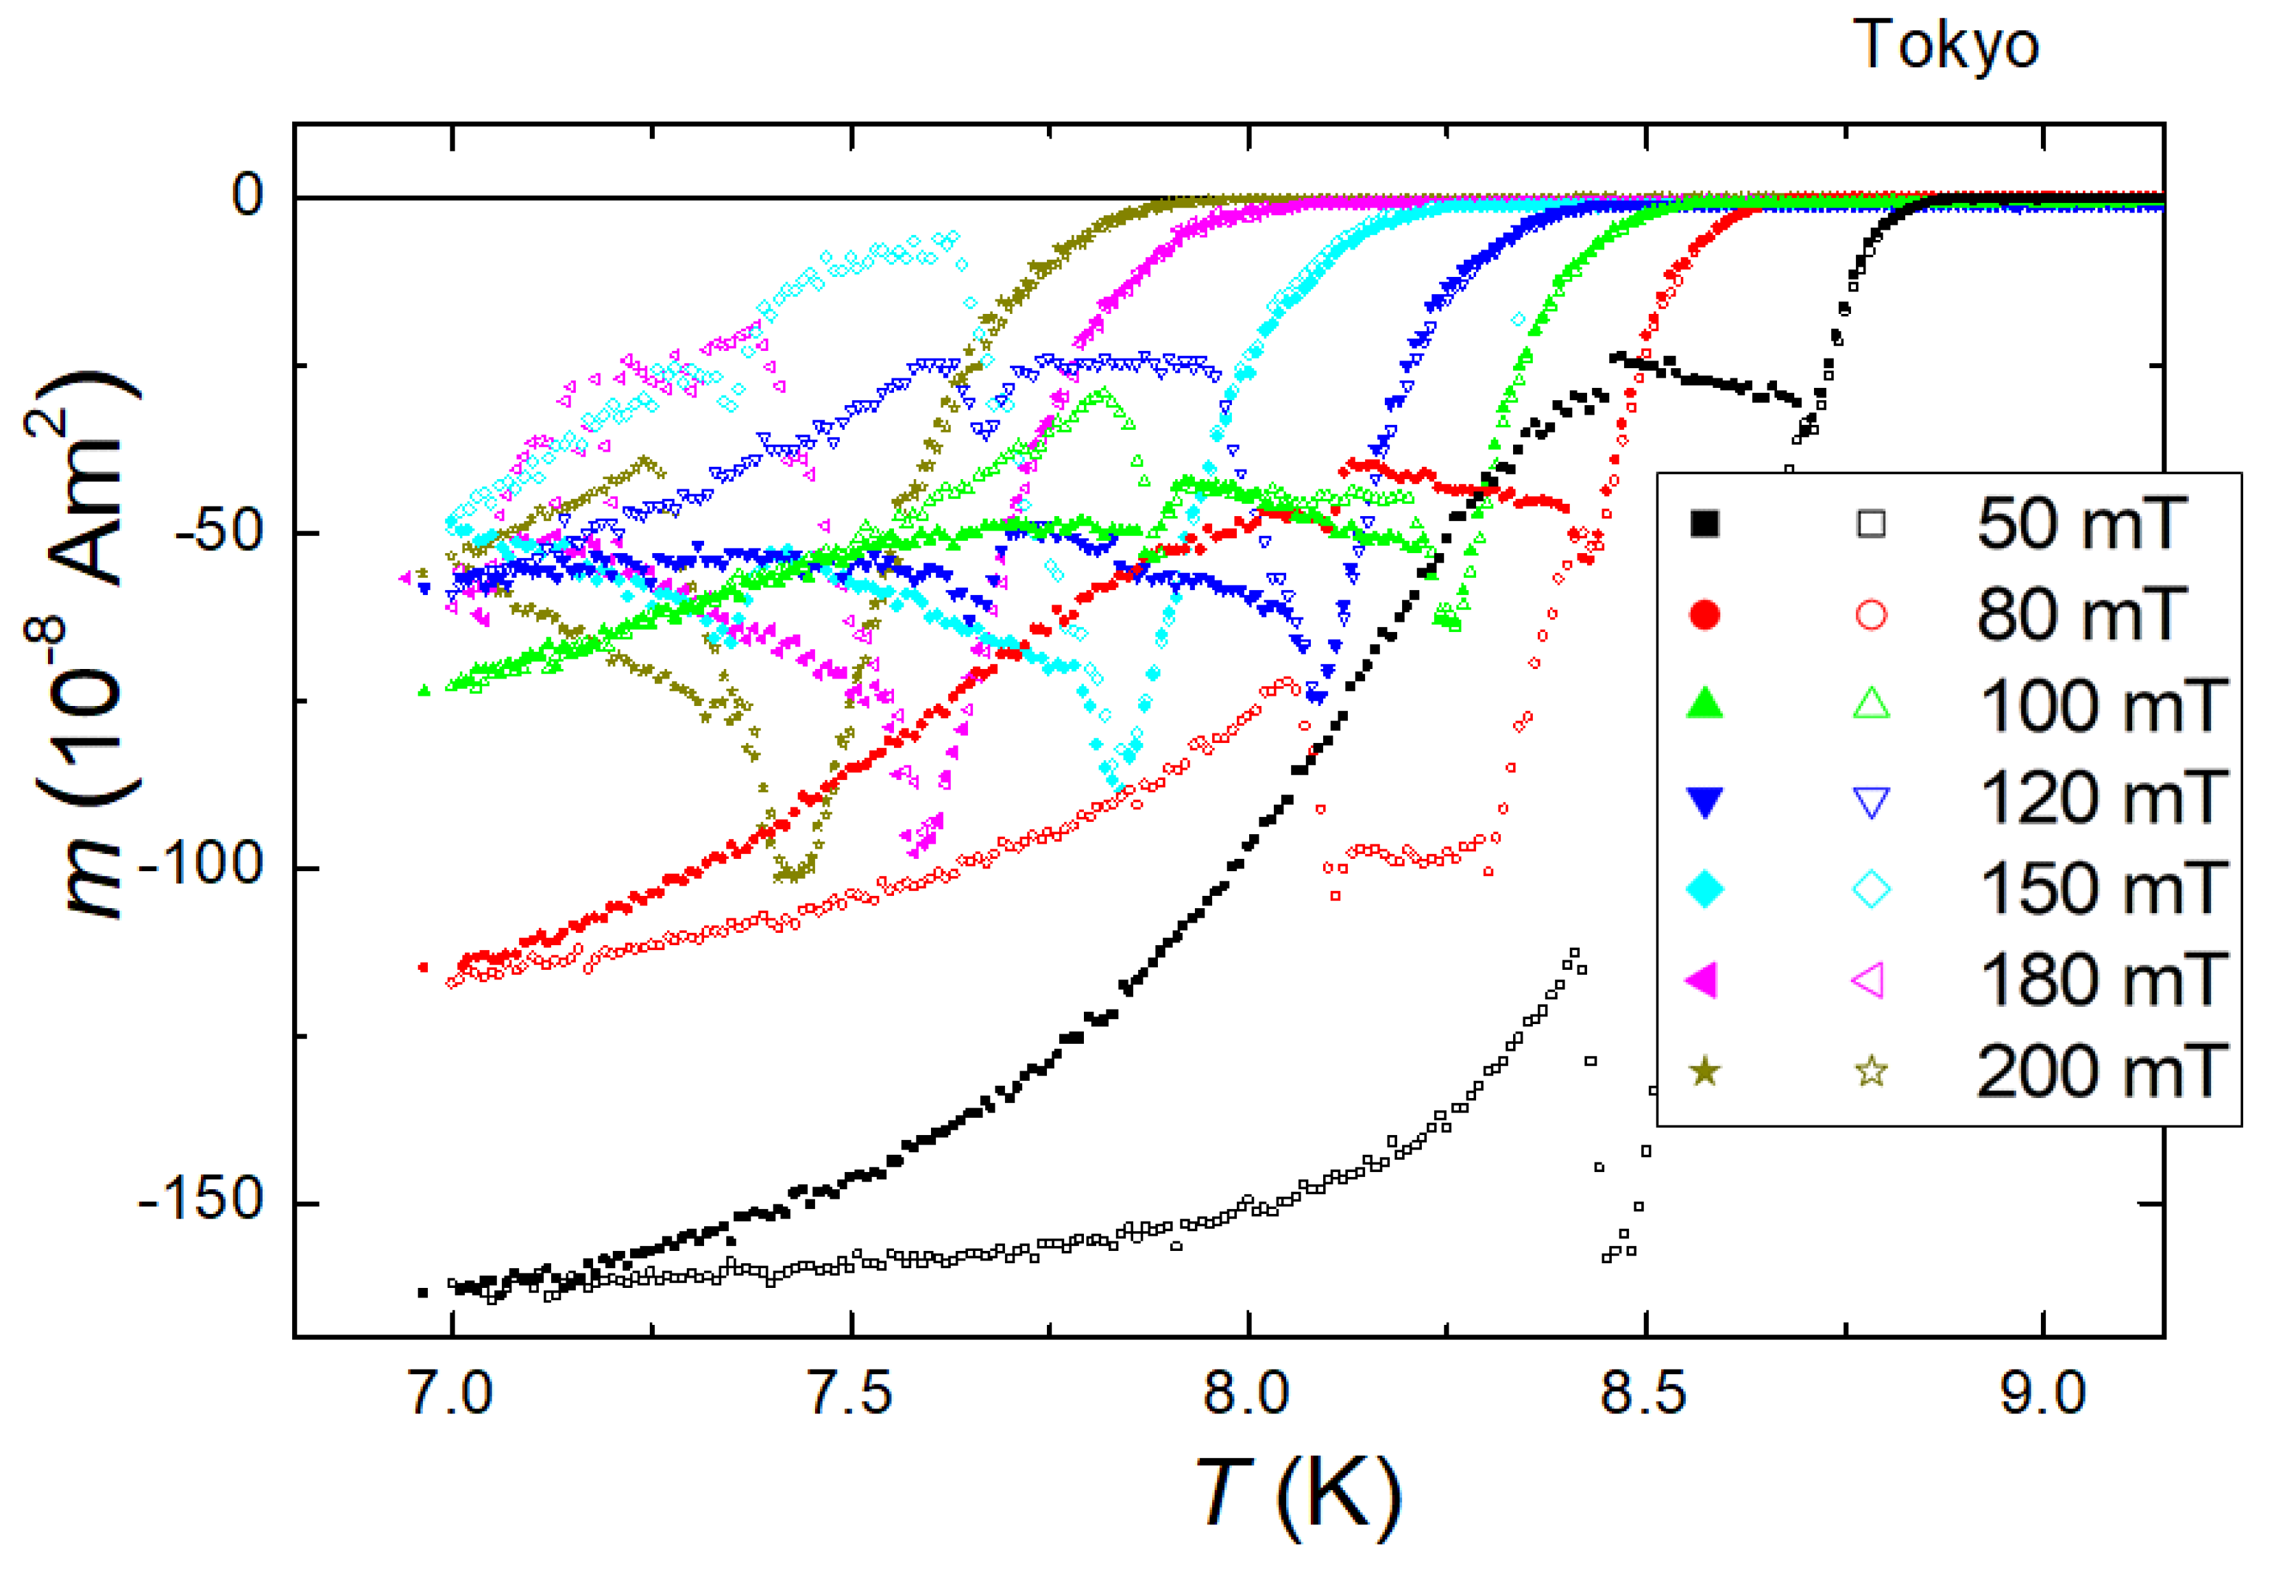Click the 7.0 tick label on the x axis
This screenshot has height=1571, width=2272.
(x=451, y=1395)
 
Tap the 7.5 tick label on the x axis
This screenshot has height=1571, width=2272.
(x=851, y=1395)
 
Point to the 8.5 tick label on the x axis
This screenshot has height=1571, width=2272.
(x=1644, y=1395)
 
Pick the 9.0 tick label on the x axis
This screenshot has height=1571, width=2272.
(x=2042, y=1395)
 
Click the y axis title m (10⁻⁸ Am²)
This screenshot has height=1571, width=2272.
(x=84, y=645)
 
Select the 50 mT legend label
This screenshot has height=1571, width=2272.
(x=2082, y=524)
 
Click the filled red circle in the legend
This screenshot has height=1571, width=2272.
(x=1705, y=616)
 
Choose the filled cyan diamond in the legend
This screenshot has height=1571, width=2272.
(x=1705, y=889)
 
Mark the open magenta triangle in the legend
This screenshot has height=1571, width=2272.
(x=1870, y=980)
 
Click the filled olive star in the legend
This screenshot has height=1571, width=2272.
(x=1705, y=1071)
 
